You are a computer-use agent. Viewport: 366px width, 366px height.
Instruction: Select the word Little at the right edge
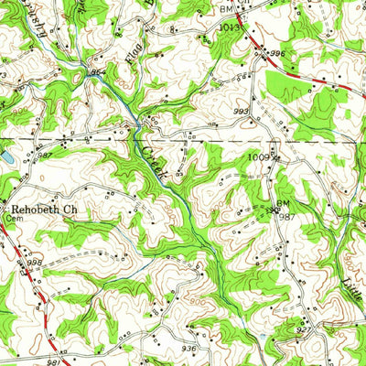click(354, 272)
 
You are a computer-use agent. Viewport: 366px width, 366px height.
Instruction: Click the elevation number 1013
click(229, 27)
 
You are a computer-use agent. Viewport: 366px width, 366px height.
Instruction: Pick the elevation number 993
click(240, 112)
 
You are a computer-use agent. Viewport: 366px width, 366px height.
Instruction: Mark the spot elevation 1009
click(259, 157)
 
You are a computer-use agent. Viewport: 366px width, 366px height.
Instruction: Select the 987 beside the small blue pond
click(19, 156)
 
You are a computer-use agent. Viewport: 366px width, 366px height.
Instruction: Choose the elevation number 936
click(188, 349)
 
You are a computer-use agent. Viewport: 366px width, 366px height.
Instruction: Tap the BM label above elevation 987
click(282, 202)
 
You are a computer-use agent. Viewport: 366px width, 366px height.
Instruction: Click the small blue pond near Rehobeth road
click(5, 158)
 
